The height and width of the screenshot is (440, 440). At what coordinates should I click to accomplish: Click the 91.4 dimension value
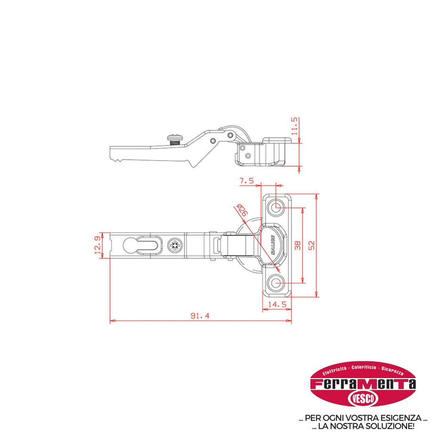tap(200, 316)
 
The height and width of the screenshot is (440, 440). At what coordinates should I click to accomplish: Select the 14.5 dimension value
tap(277, 304)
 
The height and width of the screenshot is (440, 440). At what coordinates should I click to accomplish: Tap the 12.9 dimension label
tap(97, 245)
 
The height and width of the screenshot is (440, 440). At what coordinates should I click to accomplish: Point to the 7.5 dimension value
tap(246, 181)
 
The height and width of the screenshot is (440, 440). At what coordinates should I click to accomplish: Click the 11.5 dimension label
tap(295, 126)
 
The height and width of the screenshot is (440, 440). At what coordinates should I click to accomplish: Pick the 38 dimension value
tap(298, 245)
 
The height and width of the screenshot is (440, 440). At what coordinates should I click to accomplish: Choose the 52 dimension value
tap(312, 245)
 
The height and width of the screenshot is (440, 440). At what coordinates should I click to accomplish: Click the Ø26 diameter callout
tap(242, 210)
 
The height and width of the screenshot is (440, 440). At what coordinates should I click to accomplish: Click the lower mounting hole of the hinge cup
tap(276, 283)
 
